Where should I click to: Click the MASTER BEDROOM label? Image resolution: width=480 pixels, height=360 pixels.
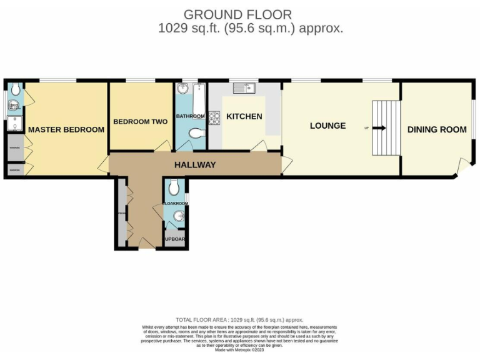(x=66, y=129)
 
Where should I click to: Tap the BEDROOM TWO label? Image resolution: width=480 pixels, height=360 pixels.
(x=140, y=122)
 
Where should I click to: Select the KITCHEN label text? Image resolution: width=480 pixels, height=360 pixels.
(x=244, y=117)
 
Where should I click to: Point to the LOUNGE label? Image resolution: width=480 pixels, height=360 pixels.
(x=327, y=126)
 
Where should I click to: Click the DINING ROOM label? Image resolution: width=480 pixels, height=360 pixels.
(x=437, y=129)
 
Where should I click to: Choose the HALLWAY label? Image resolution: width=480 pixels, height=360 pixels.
(x=194, y=165)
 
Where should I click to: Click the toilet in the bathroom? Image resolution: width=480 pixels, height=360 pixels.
(x=196, y=134)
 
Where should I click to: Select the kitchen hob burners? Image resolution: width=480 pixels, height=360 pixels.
(x=214, y=117)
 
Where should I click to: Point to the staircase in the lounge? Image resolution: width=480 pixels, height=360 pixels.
(x=385, y=128)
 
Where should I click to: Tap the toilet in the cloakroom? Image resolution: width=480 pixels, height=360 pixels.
(x=175, y=187)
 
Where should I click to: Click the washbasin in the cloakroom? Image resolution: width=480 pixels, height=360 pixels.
(x=178, y=217)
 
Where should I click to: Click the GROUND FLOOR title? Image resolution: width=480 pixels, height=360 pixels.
(x=237, y=14)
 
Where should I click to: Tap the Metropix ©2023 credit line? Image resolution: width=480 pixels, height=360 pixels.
(x=239, y=349)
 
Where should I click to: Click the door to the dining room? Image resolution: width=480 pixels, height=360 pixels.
(x=462, y=166)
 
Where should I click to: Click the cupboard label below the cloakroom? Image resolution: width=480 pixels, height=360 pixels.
(x=174, y=239)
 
